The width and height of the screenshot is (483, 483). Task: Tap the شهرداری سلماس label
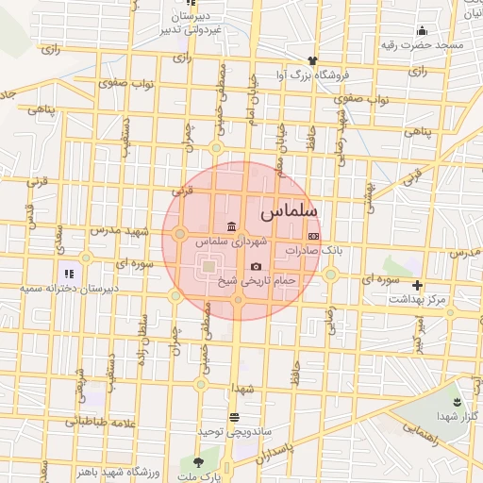tap(231, 242)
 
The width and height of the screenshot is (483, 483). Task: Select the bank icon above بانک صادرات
tap(314, 237)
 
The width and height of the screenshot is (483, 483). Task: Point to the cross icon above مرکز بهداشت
tap(417, 285)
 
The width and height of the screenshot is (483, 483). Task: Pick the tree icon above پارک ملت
tap(198, 462)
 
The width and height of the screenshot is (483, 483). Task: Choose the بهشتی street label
tap(375, 191)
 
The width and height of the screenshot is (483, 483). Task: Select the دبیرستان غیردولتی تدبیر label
tap(192, 24)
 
